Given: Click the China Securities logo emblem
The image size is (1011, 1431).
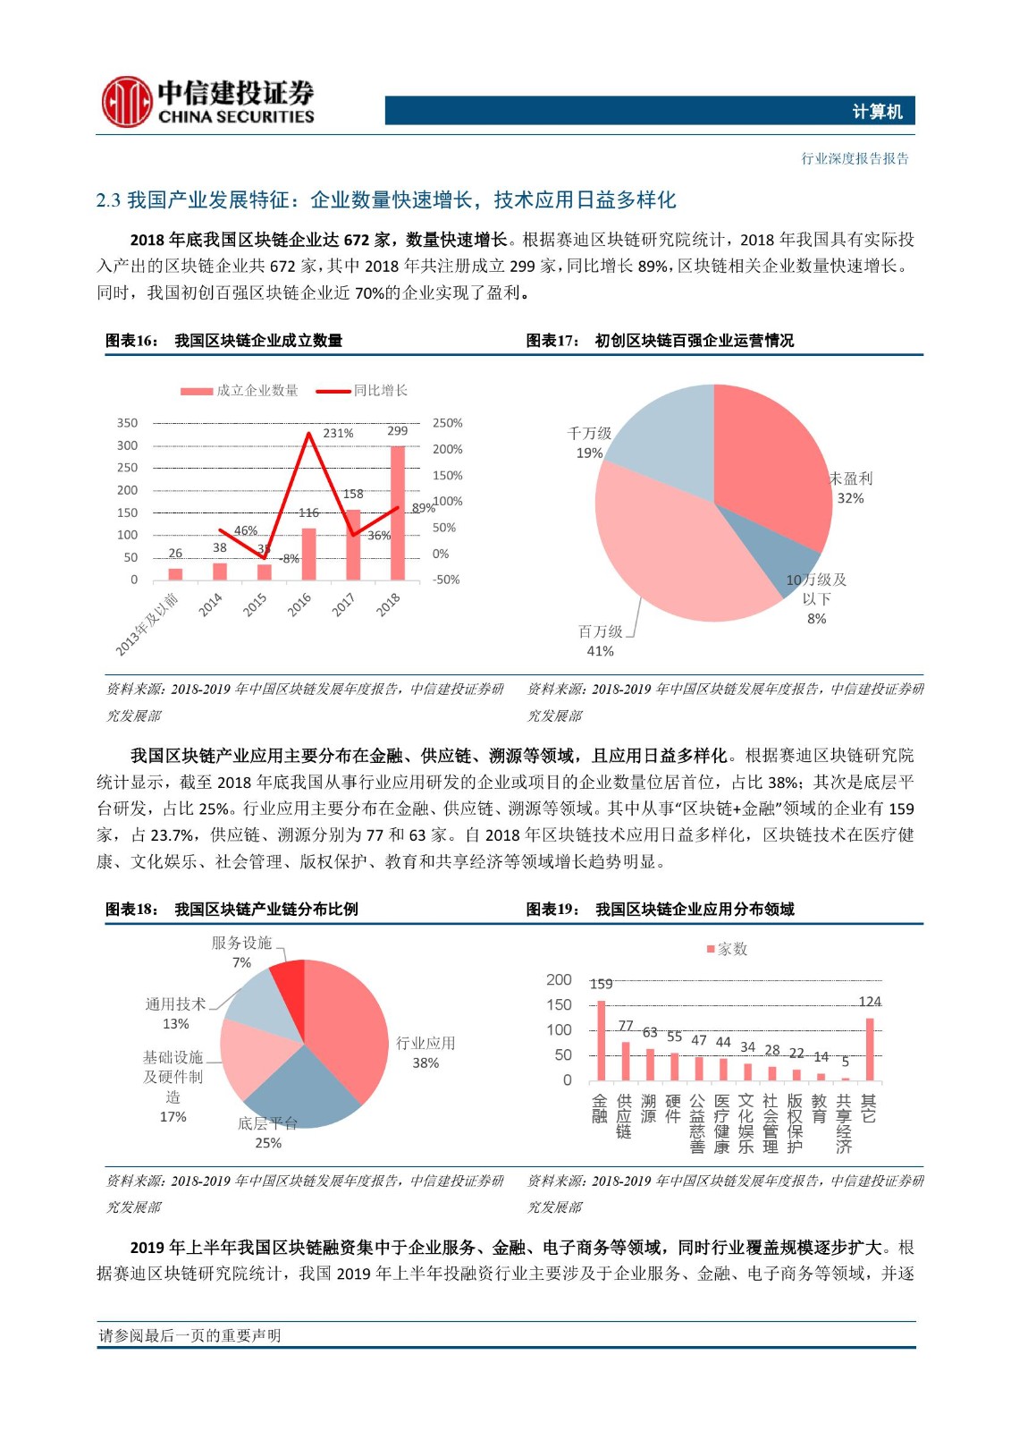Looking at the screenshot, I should click(125, 101).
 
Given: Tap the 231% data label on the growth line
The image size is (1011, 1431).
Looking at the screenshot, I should click(338, 433).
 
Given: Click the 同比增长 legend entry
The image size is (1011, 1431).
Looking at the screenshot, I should click(362, 391).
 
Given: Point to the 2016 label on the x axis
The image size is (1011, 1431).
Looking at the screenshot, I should click(299, 605).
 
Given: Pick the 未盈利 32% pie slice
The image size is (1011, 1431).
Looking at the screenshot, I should click(773, 465).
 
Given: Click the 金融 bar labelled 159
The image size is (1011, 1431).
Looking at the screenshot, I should click(601, 1041).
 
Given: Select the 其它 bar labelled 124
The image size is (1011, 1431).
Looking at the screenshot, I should click(869, 1049).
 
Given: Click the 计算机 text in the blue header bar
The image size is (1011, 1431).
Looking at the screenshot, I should click(877, 112).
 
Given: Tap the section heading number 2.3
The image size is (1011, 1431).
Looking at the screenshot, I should click(108, 200).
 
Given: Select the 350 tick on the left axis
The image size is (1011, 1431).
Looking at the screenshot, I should click(128, 423).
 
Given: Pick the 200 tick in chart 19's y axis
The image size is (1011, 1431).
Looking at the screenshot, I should click(559, 980).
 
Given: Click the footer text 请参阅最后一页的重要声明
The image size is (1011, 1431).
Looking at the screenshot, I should click(190, 1335).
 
